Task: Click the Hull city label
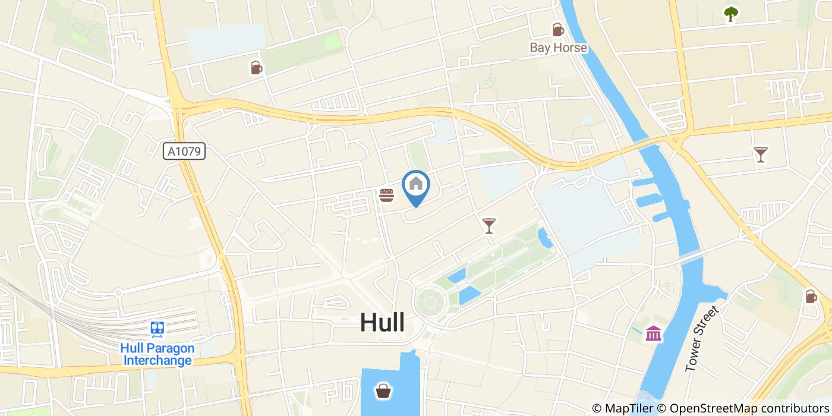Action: (382, 322)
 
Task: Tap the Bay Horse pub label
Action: (559, 48)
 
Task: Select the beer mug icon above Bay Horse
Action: (557, 29)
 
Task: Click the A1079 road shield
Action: (184, 152)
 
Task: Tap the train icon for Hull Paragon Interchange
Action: (157, 329)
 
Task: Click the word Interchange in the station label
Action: (157, 361)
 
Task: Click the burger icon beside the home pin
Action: (387, 194)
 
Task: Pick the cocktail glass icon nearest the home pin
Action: (489, 225)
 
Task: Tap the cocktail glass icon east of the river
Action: (760, 155)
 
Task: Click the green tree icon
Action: (730, 14)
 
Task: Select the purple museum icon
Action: (654, 333)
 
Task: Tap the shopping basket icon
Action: (382, 390)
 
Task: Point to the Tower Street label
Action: (702, 340)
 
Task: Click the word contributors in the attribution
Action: (788, 408)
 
